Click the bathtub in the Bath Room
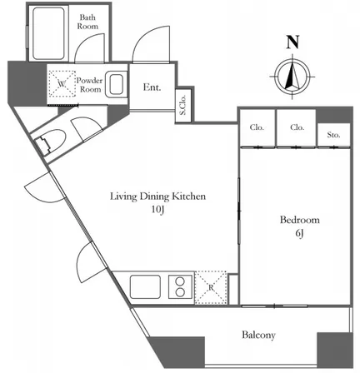[x=49, y=33]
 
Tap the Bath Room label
[x=87, y=22]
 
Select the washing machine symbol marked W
[x=62, y=84]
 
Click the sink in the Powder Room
[x=116, y=84]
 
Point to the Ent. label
[x=152, y=87]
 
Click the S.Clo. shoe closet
[x=183, y=106]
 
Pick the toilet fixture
[x=51, y=141]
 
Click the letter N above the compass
[x=292, y=42]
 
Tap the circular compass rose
[x=292, y=76]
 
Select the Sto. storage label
[x=333, y=135]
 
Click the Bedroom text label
[x=299, y=220]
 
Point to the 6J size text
[x=299, y=234]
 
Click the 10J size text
[x=157, y=210]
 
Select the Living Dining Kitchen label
[x=158, y=196]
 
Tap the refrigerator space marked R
[x=211, y=287]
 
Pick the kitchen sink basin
[x=145, y=287]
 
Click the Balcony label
[x=258, y=335]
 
